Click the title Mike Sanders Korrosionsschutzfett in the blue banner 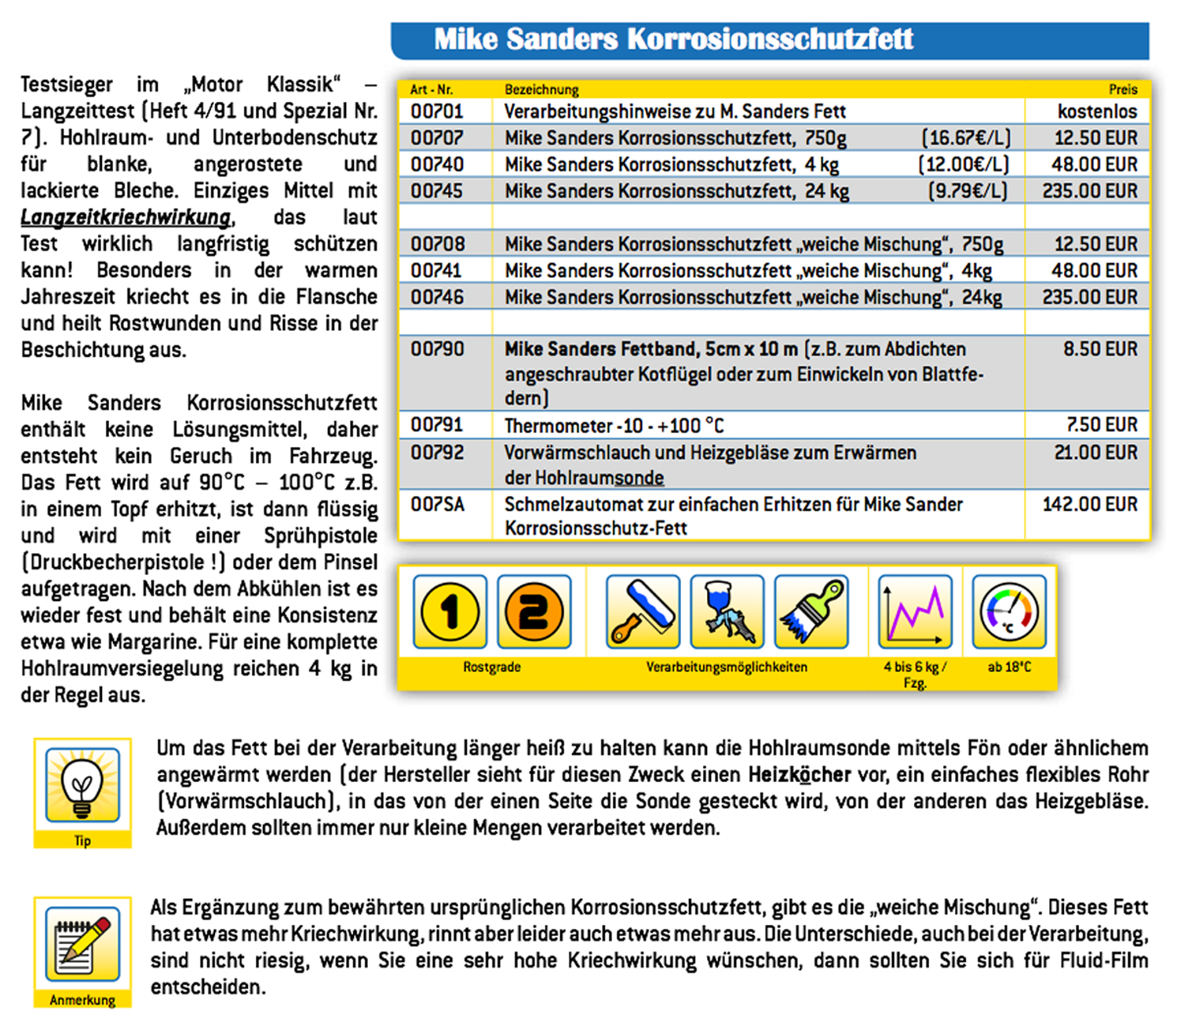pyautogui.click(x=673, y=39)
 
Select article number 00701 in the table pyautogui.click(x=437, y=111)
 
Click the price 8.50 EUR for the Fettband pyautogui.click(x=1100, y=349)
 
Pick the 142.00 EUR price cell pyautogui.click(x=1090, y=504)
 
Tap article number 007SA pyautogui.click(x=438, y=504)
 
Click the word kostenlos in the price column pyautogui.click(x=1097, y=111)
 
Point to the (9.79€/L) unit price pyautogui.click(x=967, y=191)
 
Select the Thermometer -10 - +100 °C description pyautogui.click(x=614, y=426)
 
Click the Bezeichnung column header pyautogui.click(x=541, y=89)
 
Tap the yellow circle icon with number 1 pyautogui.click(x=450, y=612)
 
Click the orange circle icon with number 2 pyautogui.click(x=534, y=612)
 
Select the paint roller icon pyautogui.click(x=643, y=612)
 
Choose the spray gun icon pyautogui.click(x=727, y=612)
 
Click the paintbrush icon pyautogui.click(x=811, y=612)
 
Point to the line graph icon pyautogui.click(x=915, y=612)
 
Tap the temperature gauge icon pyautogui.click(x=1009, y=612)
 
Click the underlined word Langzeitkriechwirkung pyautogui.click(x=126, y=217)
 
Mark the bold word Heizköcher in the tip pyautogui.click(x=799, y=775)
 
